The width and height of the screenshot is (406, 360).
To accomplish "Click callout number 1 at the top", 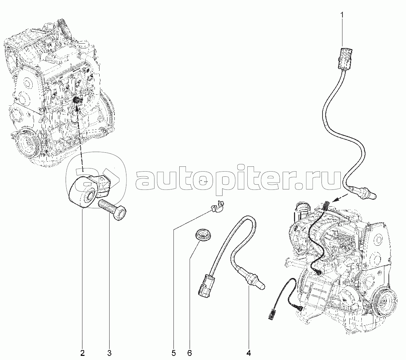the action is (x=342, y=15).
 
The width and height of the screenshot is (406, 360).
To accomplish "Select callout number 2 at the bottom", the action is (x=82, y=353).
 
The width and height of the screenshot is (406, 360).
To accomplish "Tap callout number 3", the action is (x=109, y=353).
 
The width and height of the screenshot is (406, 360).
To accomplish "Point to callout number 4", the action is (x=249, y=353).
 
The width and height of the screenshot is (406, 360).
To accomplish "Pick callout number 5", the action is (x=173, y=353).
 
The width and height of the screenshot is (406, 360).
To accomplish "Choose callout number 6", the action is (x=190, y=353).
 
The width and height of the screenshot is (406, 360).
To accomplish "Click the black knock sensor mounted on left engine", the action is (x=77, y=100).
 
